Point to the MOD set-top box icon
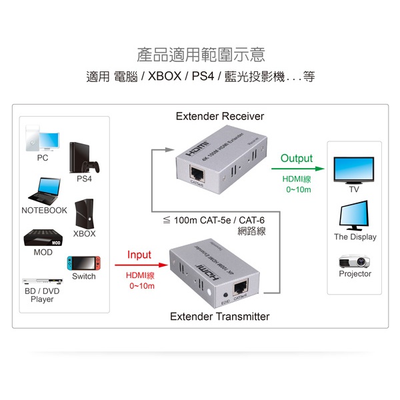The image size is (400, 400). coord(43,238)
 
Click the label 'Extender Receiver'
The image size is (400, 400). coord(220,117)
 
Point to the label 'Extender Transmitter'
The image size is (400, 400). coord(220,317)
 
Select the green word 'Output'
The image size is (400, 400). coord(297,159)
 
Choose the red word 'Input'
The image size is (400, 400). coord(139,255)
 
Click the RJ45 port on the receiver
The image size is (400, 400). coord(198,173)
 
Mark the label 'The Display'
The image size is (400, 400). coord(355,237)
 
